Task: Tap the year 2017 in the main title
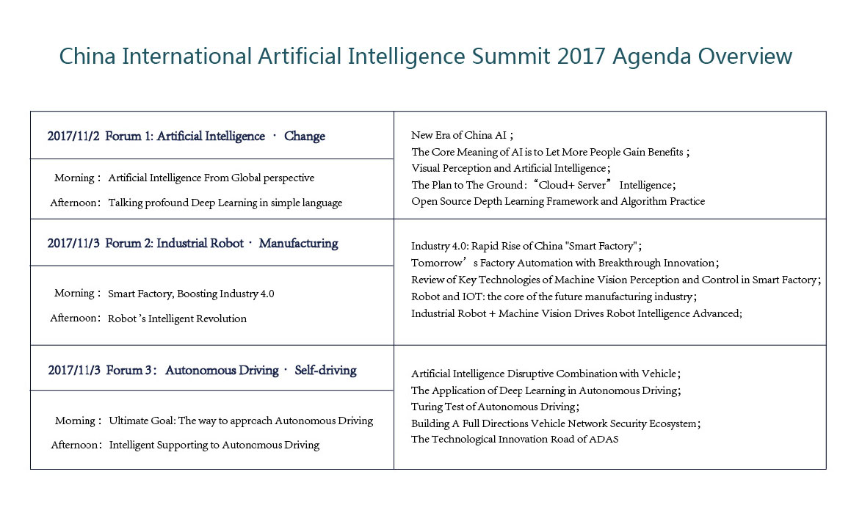click(581, 56)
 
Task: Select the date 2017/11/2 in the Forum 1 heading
click(73, 137)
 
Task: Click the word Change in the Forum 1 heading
click(305, 137)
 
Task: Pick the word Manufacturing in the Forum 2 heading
click(299, 244)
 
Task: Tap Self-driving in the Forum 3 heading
click(325, 371)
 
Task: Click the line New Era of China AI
click(459, 135)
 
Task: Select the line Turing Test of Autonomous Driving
click(493, 407)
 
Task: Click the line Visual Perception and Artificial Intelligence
click(509, 168)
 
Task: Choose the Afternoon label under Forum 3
click(74, 445)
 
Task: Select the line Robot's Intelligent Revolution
click(177, 319)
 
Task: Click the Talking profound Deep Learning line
click(225, 203)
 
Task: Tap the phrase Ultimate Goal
click(141, 421)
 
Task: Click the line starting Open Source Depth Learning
click(558, 201)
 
